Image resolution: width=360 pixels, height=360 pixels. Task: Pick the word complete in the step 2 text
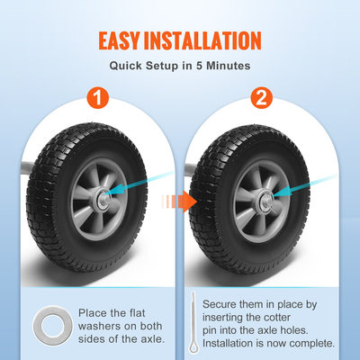click(x=306, y=343)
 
